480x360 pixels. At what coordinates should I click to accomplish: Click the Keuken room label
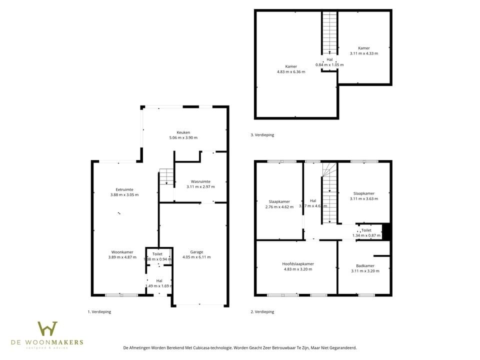183,132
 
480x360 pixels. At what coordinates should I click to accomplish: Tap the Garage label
196,252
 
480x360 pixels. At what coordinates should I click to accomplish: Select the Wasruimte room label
200,181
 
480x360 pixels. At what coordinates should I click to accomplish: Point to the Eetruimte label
124,189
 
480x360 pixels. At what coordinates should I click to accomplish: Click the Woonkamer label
122,252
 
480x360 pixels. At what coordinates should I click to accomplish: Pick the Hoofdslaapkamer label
298,264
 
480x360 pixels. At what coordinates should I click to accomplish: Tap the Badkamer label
365,266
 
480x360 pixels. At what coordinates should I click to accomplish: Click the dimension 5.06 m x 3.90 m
183,137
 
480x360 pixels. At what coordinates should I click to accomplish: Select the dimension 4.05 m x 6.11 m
196,257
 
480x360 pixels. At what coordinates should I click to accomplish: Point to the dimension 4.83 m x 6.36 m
290,71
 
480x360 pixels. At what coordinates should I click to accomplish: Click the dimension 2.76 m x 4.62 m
279,206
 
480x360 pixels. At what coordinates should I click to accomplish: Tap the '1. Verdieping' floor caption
99,311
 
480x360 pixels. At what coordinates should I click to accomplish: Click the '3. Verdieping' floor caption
262,135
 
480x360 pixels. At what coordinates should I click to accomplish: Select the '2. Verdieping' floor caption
262,311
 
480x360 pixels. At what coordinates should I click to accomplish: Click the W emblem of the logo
47,329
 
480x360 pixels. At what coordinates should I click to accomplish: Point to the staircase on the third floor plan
329,32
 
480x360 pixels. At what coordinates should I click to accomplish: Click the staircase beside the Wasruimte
166,177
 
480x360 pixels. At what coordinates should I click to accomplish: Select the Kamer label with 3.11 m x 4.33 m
363,48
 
